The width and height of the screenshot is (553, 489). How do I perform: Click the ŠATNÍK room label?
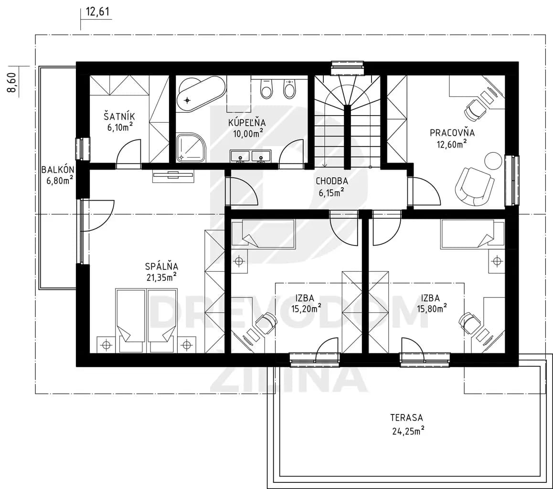119,116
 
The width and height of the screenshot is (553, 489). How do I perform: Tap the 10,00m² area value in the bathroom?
248,133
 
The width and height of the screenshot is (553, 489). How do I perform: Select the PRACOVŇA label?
452,133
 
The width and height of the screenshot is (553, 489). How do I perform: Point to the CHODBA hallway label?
331,181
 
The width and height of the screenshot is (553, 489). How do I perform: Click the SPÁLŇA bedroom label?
161,266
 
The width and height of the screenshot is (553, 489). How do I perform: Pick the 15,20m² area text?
306,308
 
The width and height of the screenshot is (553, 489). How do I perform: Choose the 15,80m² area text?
432,308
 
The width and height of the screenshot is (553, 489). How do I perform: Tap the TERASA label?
406,418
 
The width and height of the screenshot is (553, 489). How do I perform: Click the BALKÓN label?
58,170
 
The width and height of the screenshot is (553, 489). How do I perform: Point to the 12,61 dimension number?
98,12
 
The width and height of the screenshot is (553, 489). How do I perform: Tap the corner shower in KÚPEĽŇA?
190,148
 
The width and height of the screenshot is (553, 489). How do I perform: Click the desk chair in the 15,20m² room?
266,322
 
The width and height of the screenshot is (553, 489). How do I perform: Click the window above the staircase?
347,68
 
